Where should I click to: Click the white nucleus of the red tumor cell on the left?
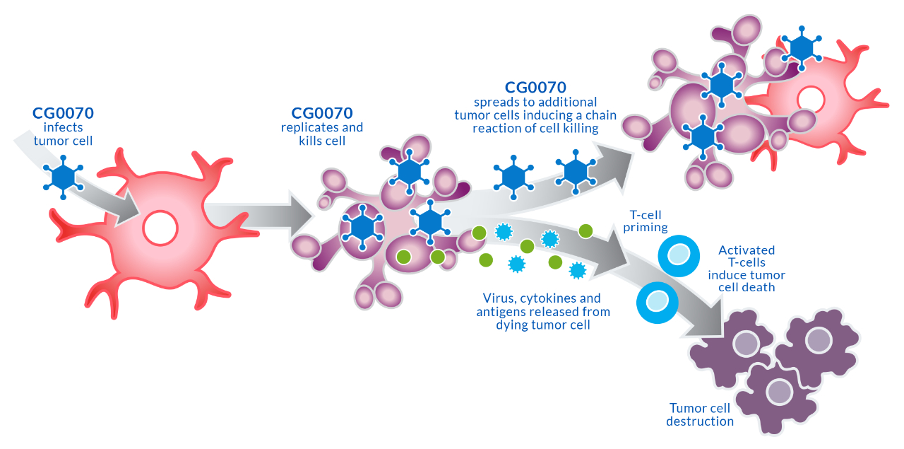tap(160, 228)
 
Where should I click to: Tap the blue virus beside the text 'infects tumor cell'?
tap(64, 177)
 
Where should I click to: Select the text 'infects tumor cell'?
tap(63, 134)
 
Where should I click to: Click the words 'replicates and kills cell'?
tap(322, 134)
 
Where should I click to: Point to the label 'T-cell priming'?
tap(646, 221)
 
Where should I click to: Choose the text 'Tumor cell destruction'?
tap(700, 414)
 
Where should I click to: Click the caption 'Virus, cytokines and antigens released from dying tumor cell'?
tap(543, 312)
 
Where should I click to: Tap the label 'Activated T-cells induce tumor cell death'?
tap(747, 269)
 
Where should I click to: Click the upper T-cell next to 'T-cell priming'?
tap(679, 256)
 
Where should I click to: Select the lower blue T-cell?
tap(658, 303)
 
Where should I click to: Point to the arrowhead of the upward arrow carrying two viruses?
tap(614, 165)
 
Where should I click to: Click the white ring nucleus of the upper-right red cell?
tap(811, 100)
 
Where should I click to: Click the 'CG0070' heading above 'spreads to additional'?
tap(535, 87)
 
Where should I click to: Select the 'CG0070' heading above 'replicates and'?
tap(322, 113)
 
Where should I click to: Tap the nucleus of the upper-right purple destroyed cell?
tap(819, 340)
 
